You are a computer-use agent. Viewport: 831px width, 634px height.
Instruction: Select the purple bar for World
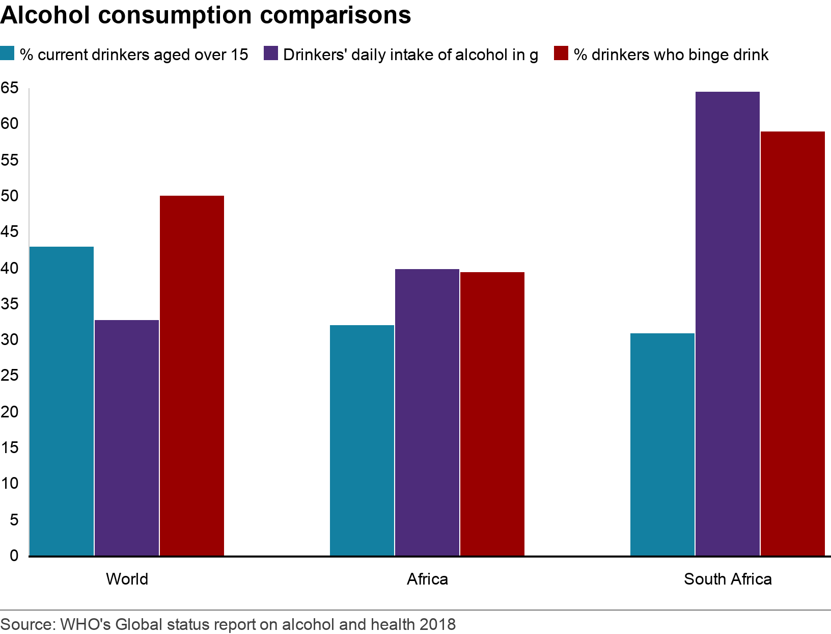127,438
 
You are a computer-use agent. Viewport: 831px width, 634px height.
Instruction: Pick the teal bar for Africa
362,440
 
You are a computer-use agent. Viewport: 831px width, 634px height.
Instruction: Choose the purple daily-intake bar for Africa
427,412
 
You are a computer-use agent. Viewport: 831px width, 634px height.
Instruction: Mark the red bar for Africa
492,414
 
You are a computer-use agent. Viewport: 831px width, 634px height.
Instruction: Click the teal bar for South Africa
662,444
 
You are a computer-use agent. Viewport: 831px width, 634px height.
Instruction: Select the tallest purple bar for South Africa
728,324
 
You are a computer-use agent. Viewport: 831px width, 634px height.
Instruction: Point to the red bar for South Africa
793,344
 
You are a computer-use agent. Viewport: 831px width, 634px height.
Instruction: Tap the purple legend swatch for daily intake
270,54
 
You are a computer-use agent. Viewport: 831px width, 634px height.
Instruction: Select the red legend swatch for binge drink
560,54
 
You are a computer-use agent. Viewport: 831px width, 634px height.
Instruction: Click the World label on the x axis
127,579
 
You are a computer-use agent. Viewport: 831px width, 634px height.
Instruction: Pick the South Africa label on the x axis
728,579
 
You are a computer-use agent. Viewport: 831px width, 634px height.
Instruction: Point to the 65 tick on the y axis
9,88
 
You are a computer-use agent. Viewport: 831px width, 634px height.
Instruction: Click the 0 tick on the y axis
13,556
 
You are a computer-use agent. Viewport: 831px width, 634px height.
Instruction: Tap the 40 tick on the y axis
9,268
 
